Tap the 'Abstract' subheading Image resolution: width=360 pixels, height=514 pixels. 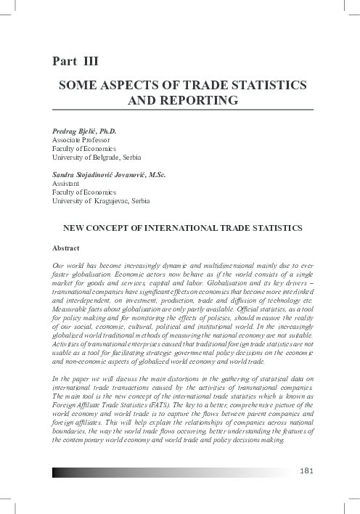(67, 248)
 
